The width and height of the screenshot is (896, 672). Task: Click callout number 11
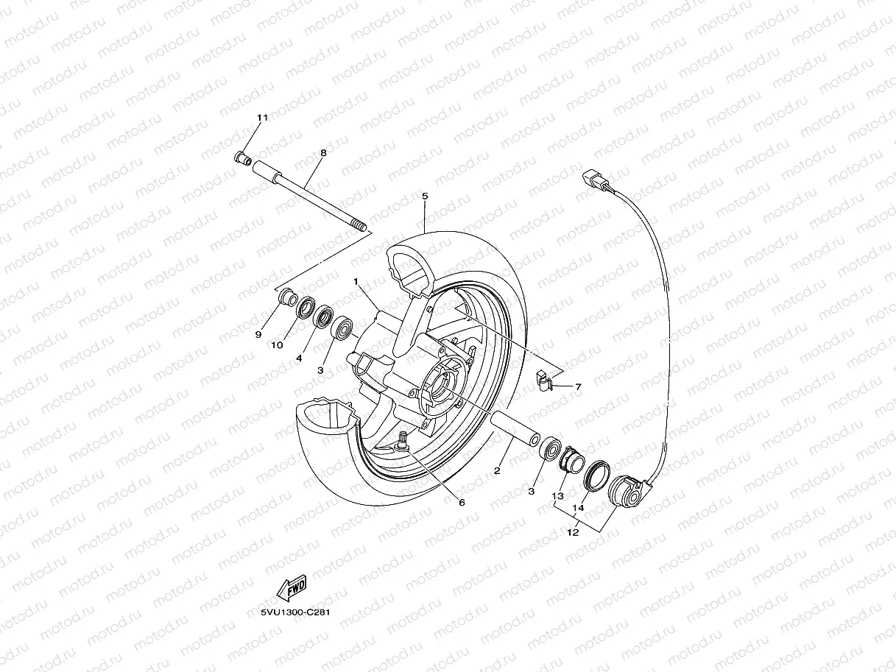point(263,119)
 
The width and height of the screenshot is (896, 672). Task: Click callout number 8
point(322,152)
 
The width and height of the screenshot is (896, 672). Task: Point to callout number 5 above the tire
point(425,196)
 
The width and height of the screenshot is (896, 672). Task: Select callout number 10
point(278,344)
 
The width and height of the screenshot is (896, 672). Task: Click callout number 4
point(300,358)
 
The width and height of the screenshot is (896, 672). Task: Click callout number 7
point(578,386)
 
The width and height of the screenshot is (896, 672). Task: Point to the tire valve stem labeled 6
point(403,442)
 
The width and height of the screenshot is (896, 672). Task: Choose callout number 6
point(462,503)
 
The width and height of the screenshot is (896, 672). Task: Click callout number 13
point(559,496)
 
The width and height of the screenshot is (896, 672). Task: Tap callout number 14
point(578,508)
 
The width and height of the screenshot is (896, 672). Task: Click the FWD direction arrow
point(290,590)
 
